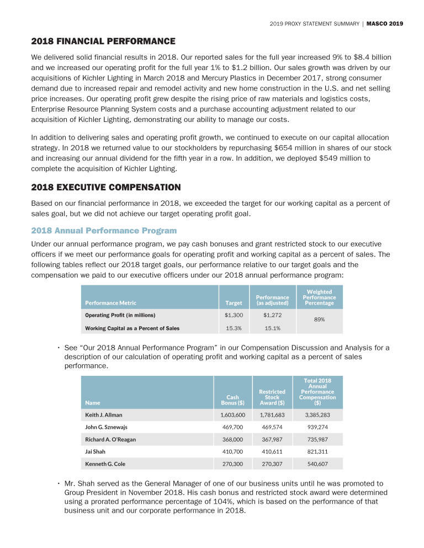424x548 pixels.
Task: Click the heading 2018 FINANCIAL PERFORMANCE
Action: point(103,41)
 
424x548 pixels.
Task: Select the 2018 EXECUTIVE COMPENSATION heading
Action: point(106,188)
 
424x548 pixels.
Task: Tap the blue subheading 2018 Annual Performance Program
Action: point(104,230)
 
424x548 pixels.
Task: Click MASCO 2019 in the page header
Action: point(385,24)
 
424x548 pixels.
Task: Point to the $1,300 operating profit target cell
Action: point(234,315)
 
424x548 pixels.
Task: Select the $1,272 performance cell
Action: point(272,315)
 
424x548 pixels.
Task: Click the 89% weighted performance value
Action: point(319,320)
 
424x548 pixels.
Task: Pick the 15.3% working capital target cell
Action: point(234,328)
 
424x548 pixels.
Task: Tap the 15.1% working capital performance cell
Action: point(272,328)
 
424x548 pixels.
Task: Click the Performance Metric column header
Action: point(110,302)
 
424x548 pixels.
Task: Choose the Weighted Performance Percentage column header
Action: point(319,297)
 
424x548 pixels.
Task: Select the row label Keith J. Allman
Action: point(104,414)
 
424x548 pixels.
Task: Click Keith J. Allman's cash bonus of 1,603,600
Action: point(232,414)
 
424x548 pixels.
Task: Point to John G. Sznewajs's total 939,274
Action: point(319,427)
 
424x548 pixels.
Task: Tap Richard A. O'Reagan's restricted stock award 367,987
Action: point(272,439)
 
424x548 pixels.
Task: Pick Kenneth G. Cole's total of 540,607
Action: point(319,464)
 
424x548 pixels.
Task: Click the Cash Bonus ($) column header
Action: point(232,400)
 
